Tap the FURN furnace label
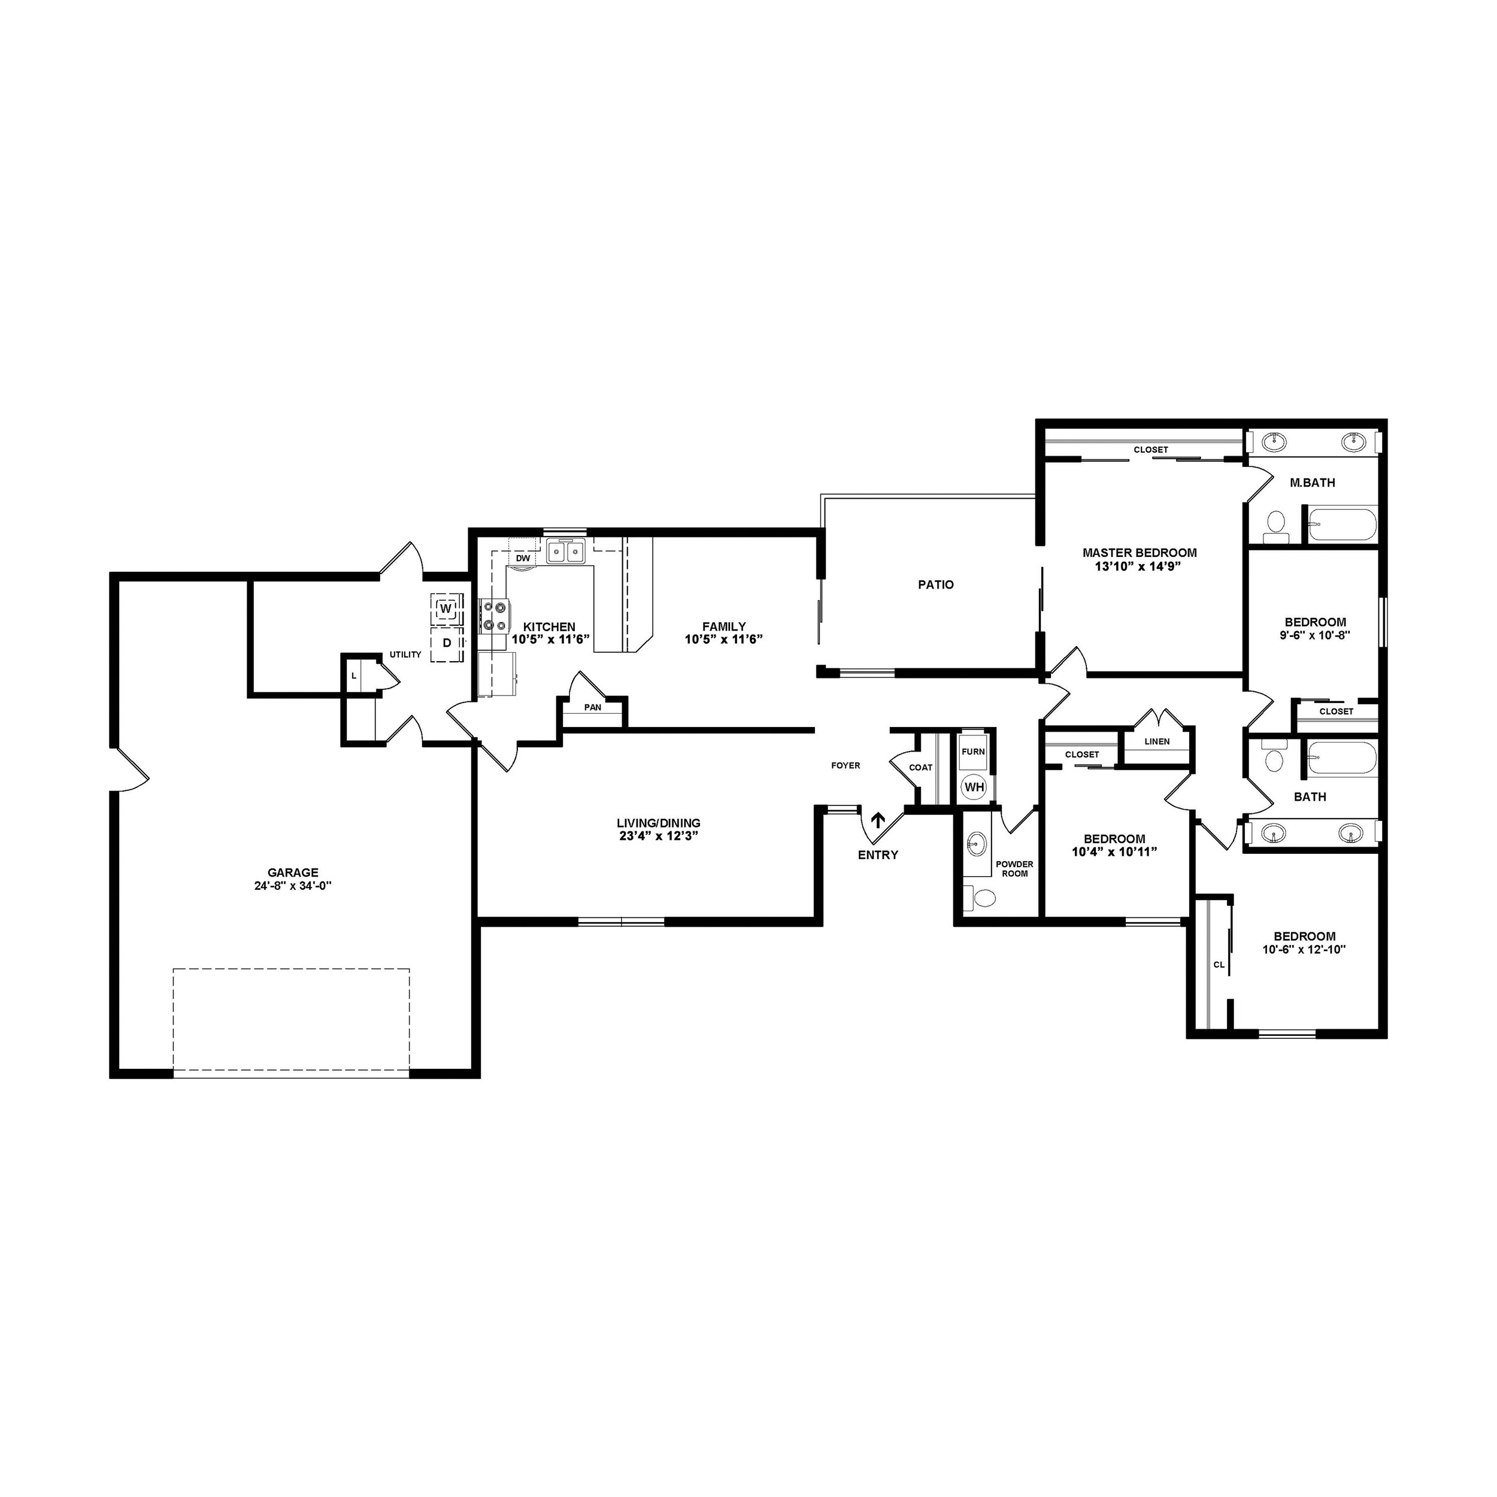coord(973,751)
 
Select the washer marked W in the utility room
coord(446,609)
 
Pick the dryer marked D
coord(446,643)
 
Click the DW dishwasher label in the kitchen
coord(523,558)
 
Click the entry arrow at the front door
coord(878,820)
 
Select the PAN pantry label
coord(593,707)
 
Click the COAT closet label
coord(920,768)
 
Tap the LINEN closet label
coord(1157,741)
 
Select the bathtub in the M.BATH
coord(1342,525)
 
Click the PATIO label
coord(935,585)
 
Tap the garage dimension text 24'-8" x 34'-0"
coord(293,886)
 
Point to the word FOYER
coord(846,765)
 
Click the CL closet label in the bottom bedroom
coord(1219,965)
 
